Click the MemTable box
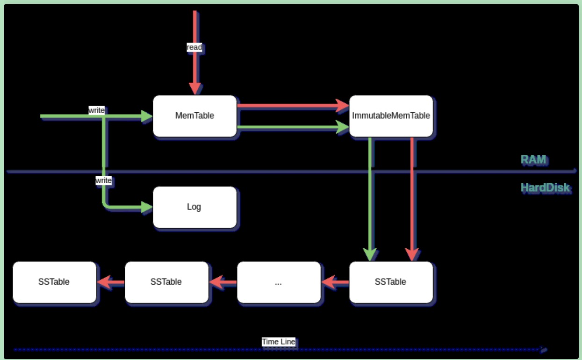(x=194, y=115)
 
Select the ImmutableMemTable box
(x=391, y=115)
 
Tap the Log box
(x=194, y=207)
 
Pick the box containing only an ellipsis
(x=279, y=282)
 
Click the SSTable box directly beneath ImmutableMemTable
(x=391, y=282)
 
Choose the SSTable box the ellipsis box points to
(x=166, y=282)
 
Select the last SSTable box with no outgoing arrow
(x=54, y=282)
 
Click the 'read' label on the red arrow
(x=194, y=47)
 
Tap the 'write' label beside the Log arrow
(x=103, y=180)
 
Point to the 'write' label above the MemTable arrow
(x=96, y=110)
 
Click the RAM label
(x=533, y=159)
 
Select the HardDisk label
(x=545, y=187)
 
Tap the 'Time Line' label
(x=278, y=342)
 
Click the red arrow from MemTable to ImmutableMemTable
(x=293, y=106)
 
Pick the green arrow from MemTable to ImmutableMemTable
(x=293, y=127)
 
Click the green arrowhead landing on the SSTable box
(x=370, y=255)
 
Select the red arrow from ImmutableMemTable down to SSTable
(x=412, y=199)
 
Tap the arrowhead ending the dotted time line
(x=544, y=350)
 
